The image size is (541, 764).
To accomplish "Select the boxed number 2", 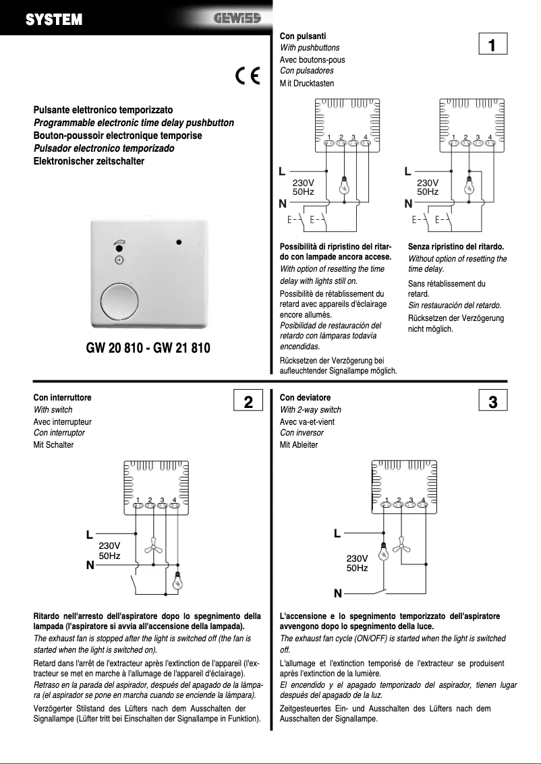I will pos(248,402).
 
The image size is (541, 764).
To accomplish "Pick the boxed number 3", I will pos(492,402).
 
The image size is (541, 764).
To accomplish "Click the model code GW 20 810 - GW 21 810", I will pos(148,349).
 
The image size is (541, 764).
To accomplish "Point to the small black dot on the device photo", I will pos(179,241).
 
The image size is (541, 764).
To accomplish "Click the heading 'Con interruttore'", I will pos(62,398).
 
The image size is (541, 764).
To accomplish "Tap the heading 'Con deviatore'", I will pos(305,398).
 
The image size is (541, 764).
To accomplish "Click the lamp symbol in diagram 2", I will pos(178,582).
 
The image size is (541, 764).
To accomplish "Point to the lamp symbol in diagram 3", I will pos(383,554).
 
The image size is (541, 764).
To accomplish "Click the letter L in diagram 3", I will pos(337,533).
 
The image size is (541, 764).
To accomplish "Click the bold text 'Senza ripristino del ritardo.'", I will pos(456,247).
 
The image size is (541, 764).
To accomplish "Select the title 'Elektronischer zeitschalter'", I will pos(89,161).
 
